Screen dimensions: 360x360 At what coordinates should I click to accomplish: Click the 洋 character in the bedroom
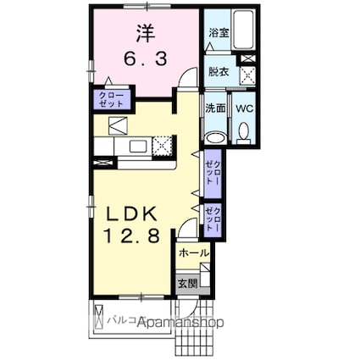click(143, 33)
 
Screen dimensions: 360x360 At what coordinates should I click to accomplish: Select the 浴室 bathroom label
click(218, 32)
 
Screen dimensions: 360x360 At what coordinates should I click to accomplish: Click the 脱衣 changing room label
click(219, 72)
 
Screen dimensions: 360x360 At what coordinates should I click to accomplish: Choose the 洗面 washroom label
click(215, 108)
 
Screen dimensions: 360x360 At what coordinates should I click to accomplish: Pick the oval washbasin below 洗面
click(215, 138)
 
